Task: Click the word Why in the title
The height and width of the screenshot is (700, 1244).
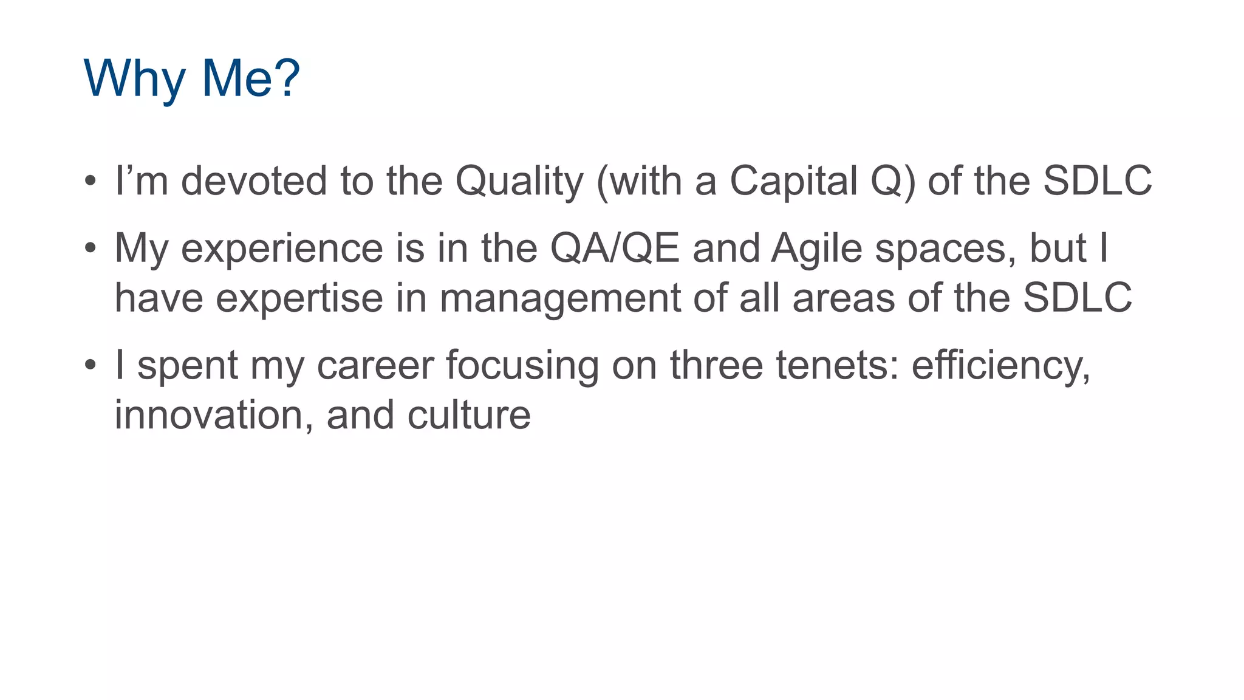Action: (134, 79)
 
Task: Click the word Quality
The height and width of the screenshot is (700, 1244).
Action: (519, 181)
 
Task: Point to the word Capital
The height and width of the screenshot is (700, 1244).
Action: (793, 181)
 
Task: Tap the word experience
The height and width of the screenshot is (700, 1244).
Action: (282, 249)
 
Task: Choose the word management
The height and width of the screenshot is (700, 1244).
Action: (560, 299)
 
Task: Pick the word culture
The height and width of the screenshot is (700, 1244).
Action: (469, 416)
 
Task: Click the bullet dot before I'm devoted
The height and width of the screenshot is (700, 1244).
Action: (91, 181)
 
